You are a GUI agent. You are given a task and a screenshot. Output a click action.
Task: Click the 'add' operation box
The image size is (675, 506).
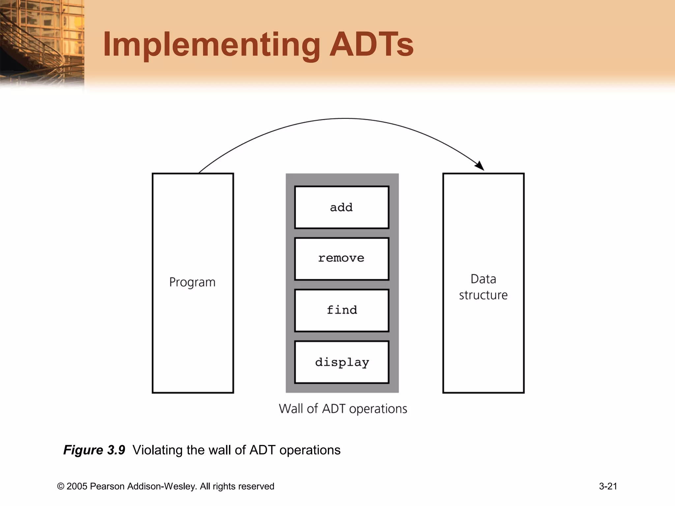click(x=341, y=207)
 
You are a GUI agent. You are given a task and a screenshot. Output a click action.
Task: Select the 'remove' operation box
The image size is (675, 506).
click(x=341, y=259)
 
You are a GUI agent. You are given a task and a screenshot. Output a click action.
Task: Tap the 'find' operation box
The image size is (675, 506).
click(x=341, y=310)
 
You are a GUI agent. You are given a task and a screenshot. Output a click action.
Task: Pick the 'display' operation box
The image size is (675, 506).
click(x=341, y=362)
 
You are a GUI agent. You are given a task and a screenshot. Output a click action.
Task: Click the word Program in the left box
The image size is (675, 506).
click(x=192, y=282)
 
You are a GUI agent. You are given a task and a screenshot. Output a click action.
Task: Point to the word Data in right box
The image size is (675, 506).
click(x=483, y=279)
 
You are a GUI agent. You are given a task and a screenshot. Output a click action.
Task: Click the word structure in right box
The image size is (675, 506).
click(x=483, y=295)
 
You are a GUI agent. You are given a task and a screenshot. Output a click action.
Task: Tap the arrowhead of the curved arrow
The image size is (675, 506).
click(x=480, y=166)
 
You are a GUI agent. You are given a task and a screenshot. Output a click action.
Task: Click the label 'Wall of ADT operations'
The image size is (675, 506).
click(x=343, y=409)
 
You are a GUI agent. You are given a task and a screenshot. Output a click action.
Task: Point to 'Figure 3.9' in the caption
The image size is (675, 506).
click(x=94, y=450)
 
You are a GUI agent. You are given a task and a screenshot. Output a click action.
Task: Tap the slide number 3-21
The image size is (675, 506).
click(x=608, y=486)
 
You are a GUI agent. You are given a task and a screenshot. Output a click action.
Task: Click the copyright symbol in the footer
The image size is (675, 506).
click(x=61, y=487)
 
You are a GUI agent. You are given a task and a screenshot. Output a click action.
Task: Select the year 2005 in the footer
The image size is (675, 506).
click(x=77, y=487)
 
